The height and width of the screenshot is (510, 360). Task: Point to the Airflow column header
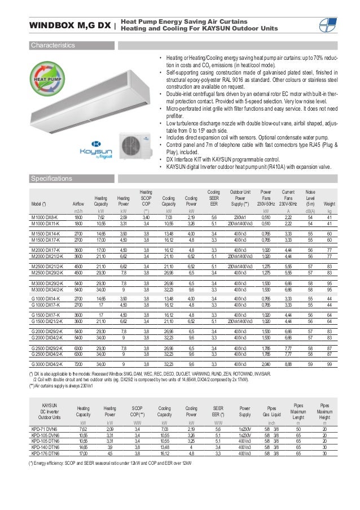(78, 204)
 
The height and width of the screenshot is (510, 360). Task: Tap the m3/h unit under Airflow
(78, 210)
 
